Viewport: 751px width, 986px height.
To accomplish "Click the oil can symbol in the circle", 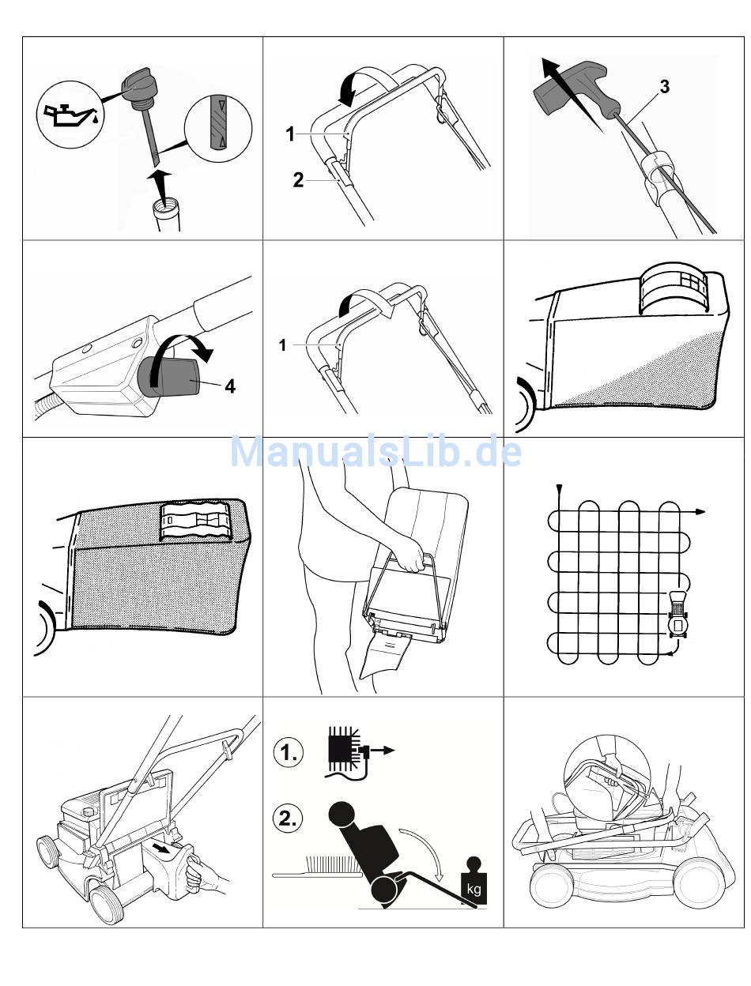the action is pos(71,115).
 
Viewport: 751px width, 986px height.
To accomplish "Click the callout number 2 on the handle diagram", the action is pos(298,180).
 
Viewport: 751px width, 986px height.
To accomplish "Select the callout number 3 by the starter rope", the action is pos(664,87).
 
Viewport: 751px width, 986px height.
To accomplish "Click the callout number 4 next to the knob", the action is pos(230,386).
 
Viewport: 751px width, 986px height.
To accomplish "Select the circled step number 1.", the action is pos(288,752).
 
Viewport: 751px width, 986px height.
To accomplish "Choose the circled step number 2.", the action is pos(288,819).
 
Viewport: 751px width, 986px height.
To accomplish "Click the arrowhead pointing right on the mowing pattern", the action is pos(700,512).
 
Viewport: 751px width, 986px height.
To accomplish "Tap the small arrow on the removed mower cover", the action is pos(162,848).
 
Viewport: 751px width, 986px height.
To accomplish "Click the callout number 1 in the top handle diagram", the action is pos(290,134).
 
